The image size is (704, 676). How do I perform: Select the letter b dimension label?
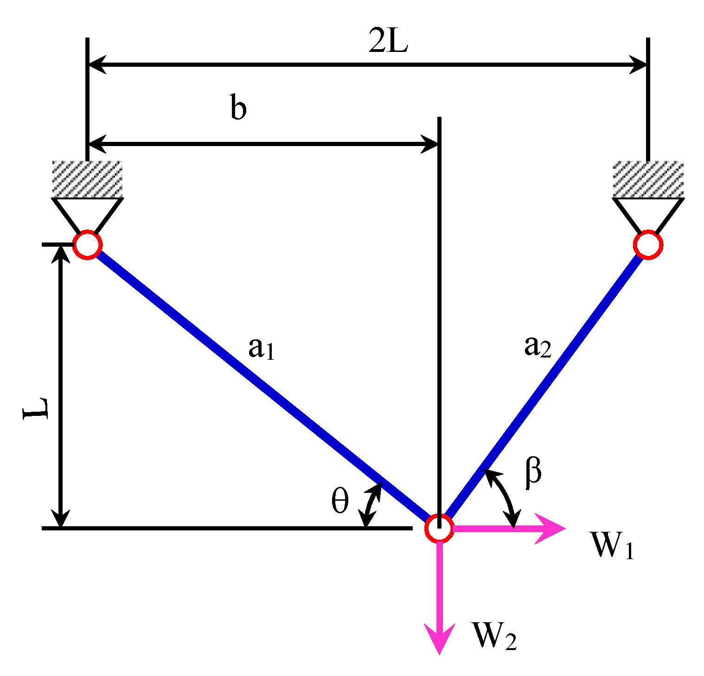pyautogui.click(x=238, y=108)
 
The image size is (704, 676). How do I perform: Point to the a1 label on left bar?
pyautogui.click(x=262, y=349)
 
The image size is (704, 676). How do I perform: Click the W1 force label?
pyautogui.click(x=611, y=546)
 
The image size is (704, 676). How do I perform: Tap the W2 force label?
pyautogui.click(x=494, y=636)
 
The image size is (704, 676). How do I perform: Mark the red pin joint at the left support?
pyautogui.click(x=87, y=245)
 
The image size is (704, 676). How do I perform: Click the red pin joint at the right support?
pyautogui.click(x=648, y=245)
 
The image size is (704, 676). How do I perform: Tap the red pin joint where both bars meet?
pyautogui.click(x=439, y=528)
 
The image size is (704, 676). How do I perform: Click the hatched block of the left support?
pyautogui.click(x=87, y=179)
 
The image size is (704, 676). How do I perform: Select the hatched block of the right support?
pyautogui.click(x=648, y=179)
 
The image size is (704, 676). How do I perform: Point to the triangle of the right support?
pyautogui.click(x=648, y=211)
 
